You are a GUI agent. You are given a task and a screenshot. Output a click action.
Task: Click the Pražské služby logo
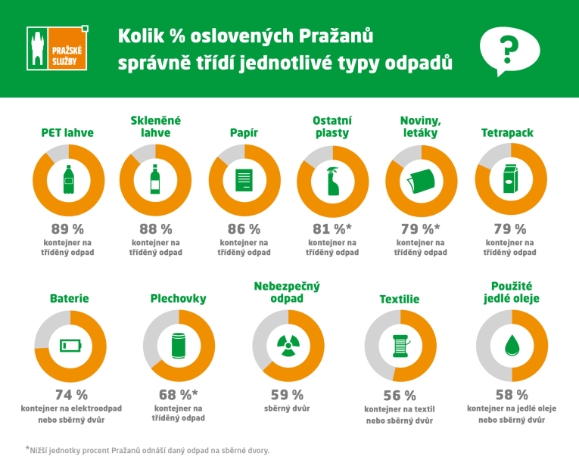pos(58,49)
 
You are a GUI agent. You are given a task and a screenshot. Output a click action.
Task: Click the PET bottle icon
pos(68,180)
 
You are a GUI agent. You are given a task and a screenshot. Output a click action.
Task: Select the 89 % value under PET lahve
pos(68,228)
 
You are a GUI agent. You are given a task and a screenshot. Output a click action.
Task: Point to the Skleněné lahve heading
pos(157,126)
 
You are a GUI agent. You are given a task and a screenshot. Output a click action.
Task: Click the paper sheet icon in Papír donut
pos(244,181)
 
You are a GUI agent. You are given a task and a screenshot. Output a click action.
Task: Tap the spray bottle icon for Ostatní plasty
pos(332,181)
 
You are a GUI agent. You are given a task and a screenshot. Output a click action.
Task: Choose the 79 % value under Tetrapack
pos(509,228)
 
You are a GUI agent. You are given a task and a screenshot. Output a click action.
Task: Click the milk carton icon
pos(509,181)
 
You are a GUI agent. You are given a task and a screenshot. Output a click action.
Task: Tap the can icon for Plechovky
pos(179,346)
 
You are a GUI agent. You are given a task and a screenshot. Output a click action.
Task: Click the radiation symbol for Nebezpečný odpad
pos(288,346)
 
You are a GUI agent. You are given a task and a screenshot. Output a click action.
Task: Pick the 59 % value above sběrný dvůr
pos(288,394)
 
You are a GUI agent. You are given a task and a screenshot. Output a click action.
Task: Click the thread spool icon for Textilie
pos(400,346)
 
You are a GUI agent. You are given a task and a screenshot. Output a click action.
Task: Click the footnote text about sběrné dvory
pos(148,449)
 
